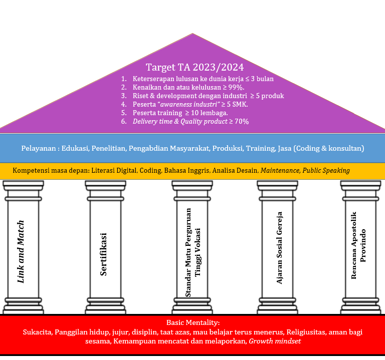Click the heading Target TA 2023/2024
[x=195, y=68]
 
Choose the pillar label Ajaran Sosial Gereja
[x=280, y=252]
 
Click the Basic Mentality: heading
[x=193, y=323]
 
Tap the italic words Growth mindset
[x=275, y=341]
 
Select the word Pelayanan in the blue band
[x=39, y=148]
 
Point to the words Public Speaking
[x=326, y=170]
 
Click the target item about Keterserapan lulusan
[x=203, y=79]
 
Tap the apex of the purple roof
[x=192, y=35]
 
